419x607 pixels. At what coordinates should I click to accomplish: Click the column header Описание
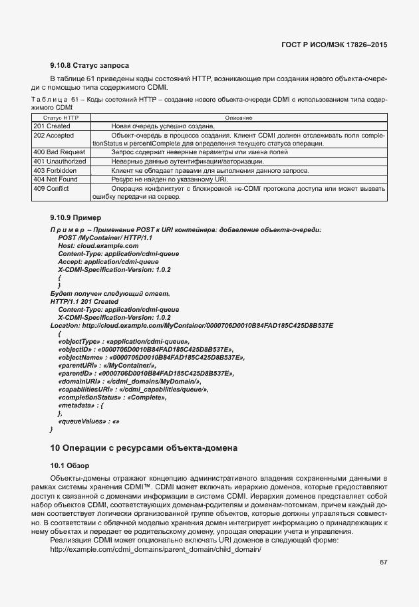coord(237,118)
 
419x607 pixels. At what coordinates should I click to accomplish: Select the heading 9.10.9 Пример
coord(75,217)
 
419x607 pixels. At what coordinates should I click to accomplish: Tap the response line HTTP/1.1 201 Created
coord(84,301)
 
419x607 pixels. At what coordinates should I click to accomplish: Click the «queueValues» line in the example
coord(89,422)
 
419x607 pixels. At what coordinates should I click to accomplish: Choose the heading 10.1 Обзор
coord(69,465)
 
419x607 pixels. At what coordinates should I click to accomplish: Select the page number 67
coord(384,562)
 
